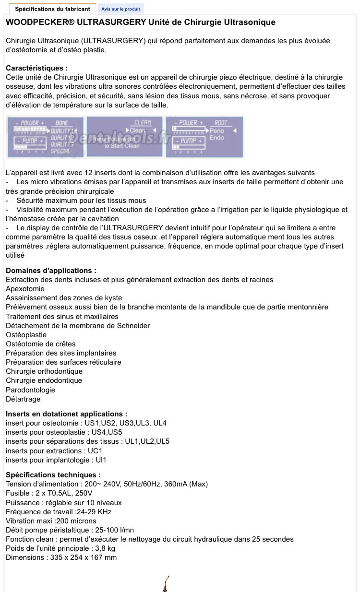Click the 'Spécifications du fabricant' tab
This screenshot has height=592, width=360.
pyautogui.click(x=52, y=9)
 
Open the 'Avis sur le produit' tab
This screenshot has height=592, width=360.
pyautogui.click(x=120, y=9)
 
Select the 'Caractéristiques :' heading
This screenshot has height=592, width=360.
pyautogui.click(x=36, y=68)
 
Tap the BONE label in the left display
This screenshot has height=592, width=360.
pyautogui.click(x=62, y=123)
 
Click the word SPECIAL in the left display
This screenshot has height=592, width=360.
pyautogui.click(x=60, y=151)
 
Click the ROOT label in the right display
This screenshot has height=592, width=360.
pyautogui.click(x=221, y=123)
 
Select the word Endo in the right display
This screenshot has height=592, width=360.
pyautogui.click(x=217, y=138)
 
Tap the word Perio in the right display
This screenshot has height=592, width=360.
pyautogui.click(x=217, y=130)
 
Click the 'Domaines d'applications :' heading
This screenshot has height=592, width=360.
pyautogui.click(x=51, y=271)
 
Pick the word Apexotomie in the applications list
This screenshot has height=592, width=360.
pyautogui.click(x=25, y=289)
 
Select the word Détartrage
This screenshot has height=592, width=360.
pyautogui.click(x=23, y=399)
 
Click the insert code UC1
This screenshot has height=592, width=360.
pyautogui.click(x=95, y=451)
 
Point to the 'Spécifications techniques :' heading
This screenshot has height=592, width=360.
pyautogui.click(x=53, y=475)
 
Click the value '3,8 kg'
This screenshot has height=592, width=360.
pyautogui.click(x=105, y=548)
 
